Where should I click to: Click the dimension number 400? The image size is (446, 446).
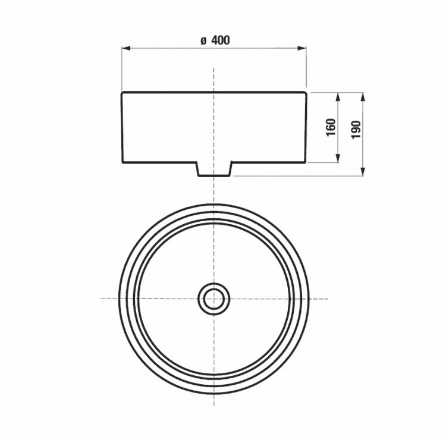point(221,40)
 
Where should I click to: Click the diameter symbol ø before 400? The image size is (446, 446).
point(203,41)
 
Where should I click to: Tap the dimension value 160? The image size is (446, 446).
point(331,127)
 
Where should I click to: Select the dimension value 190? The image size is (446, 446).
point(356,130)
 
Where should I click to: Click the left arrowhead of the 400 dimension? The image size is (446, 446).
point(125,48)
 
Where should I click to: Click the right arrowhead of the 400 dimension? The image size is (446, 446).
point(302,48)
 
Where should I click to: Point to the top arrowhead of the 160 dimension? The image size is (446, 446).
point(338,97)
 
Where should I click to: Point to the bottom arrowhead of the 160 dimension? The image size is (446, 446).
point(338,159)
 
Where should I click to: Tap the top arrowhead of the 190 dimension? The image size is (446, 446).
point(363,97)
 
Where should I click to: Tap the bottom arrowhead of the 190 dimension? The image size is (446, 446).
point(363,171)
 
